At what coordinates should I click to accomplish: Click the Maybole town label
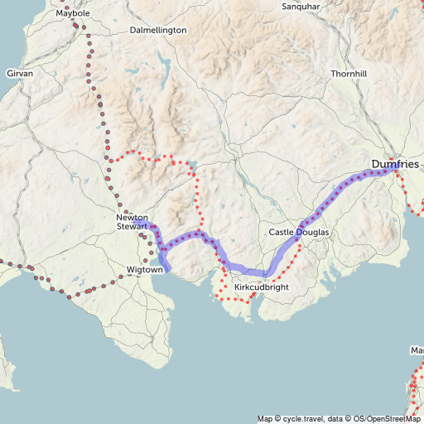click(x=73, y=14)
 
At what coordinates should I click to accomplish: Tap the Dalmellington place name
click(x=159, y=30)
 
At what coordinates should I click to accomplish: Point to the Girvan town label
click(x=20, y=74)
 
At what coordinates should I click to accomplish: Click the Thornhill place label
click(x=348, y=74)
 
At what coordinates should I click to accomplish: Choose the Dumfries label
click(x=395, y=165)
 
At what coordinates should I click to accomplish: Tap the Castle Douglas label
click(x=299, y=233)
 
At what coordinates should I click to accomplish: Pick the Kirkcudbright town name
click(x=262, y=287)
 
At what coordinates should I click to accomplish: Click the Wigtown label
click(x=145, y=270)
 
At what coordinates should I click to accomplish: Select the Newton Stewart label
click(x=132, y=221)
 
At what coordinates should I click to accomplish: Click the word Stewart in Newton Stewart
click(x=132, y=225)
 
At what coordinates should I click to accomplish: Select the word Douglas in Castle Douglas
click(x=312, y=233)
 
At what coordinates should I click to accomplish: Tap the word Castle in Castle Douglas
click(x=282, y=233)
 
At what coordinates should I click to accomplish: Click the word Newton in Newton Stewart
click(x=132, y=217)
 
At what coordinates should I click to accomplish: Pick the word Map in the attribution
click(x=265, y=418)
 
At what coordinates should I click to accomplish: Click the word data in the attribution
click(x=338, y=418)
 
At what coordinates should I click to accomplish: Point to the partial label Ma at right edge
click(x=417, y=350)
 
